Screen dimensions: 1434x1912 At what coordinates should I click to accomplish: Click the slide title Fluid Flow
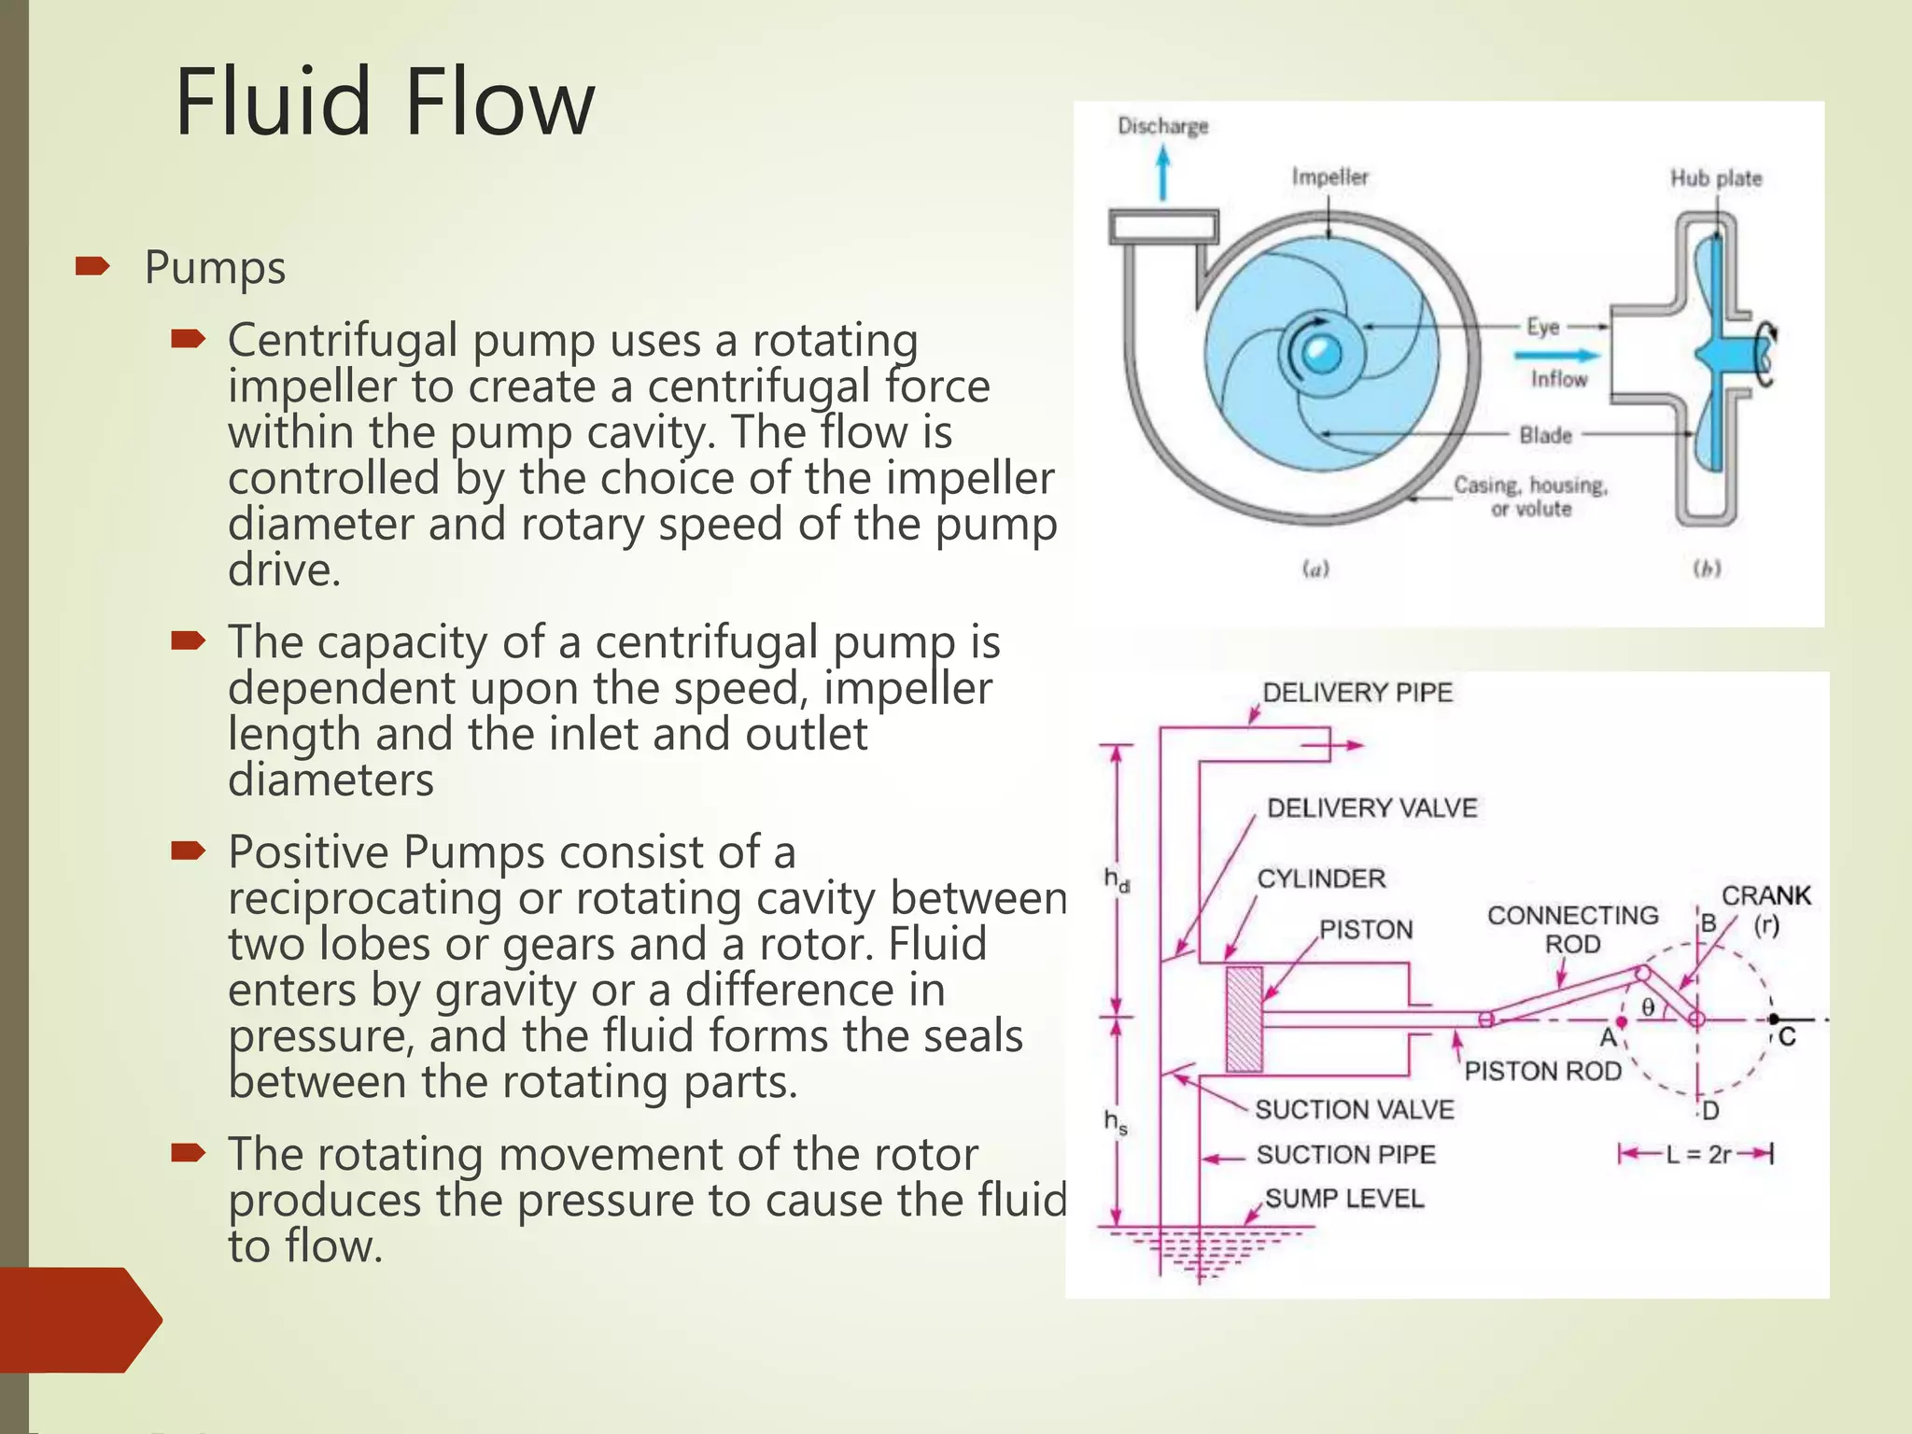pyautogui.click(x=384, y=103)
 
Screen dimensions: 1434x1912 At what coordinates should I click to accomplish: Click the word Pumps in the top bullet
pyautogui.click(x=215, y=268)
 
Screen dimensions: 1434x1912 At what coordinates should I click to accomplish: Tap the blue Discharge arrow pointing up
pyautogui.click(x=1162, y=175)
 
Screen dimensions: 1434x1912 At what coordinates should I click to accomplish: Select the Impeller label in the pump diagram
pyautogui.click(x=1329, y=176)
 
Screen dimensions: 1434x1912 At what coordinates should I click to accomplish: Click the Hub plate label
pyautogui.click(x=1715, y=178)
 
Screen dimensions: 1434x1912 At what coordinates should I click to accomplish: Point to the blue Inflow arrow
pyautogui.click(x=1555, y=355)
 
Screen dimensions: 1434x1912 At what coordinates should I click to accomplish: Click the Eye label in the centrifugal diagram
pyautogui.click(x=1542, y=327)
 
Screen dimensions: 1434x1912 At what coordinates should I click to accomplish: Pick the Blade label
pyautogui.click(x=1545, y=435)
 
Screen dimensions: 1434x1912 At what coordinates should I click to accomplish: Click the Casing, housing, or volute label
pyautogui.click(x=1530, y=497)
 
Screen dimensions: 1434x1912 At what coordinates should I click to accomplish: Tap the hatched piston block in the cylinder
pyautogui.click(x=1244, y=1019)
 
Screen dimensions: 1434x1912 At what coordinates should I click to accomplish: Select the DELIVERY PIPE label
pyautogui.click(x=1357, y=693)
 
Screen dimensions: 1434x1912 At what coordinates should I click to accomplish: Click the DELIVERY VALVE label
pyautogui.click(x=1371, y=808)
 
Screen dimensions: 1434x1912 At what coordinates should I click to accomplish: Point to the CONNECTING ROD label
pyautogui.click(x=1572, y=929)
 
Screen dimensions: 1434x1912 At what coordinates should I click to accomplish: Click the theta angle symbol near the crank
pyautogui.click(x=1648, y=1006)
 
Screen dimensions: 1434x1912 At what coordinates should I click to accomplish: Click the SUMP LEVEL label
pyautogui.click(x=1343, y=1199)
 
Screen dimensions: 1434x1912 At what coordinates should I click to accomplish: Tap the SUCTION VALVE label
pyautogui.click(x=1354, y=1109)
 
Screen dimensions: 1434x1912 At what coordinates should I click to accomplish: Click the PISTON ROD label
pyautogui.click(x=1542, y=1071)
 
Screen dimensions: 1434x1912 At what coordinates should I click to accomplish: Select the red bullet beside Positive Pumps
pyautogui.click(x=188, y=851)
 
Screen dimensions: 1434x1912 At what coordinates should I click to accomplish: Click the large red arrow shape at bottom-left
pyautogui.click(x=79, y=1319)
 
